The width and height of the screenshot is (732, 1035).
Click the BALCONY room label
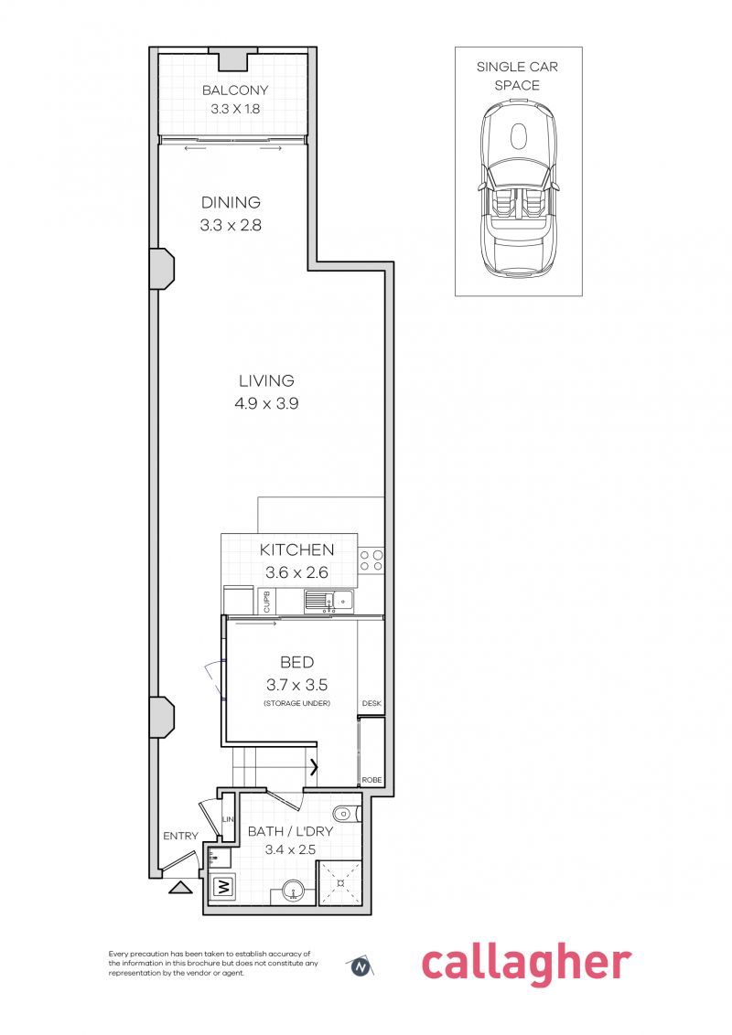tap(235, 90)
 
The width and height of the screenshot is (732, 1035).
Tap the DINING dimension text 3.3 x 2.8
tap(231, 225)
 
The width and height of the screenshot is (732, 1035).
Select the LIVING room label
tap(266, 380)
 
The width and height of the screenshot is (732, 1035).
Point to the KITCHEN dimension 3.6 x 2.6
tap(296, 573)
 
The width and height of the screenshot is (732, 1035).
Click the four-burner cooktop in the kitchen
tap(371, 560)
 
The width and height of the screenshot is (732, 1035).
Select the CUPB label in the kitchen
tap(267, 601)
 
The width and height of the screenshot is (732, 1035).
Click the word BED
tap(296, 662)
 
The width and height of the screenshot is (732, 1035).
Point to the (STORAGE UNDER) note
tap(296, 702)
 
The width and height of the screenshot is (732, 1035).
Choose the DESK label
tap(371, 703)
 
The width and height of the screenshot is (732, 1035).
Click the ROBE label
tap(371, 780)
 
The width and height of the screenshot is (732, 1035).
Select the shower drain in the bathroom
tap(339, 883)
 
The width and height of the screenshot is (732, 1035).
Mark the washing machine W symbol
tap(223, 886)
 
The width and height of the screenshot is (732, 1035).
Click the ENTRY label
tap(180, 836)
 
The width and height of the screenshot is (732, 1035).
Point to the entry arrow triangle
tap(180, 885)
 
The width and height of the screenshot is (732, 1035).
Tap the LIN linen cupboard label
tap(229, 819)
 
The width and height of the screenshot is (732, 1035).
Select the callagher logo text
tap(525, 964)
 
